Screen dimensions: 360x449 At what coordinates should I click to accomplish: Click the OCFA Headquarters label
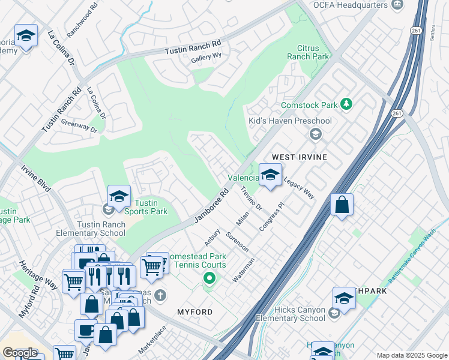coord(349,5)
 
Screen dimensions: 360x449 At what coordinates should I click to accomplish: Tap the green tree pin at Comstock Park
coord(346,104)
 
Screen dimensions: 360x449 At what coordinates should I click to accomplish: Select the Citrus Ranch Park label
coord(313,52)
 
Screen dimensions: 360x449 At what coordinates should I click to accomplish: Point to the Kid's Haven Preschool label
coord(290,121)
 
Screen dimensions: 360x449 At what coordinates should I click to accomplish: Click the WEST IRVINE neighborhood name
coord(300,157)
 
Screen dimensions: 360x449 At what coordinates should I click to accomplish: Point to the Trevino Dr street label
coord(252,199)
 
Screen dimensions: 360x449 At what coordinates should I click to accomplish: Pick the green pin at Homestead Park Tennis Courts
coord(209,278)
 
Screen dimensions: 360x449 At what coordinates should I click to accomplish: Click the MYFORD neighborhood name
coord(195,312)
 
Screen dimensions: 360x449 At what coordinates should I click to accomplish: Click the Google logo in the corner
coord(20,353)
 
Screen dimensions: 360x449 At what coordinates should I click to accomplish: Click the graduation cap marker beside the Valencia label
coord(270,175)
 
